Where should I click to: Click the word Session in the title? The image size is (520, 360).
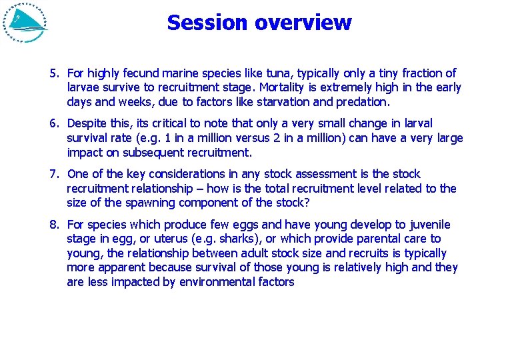[x=207, y=23]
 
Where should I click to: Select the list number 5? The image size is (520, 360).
[x=54, y=73]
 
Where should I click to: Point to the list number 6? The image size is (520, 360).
[x=54, y=123]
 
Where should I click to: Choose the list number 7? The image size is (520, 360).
[x=54, y=174]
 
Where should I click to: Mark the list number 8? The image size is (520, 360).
[x=54, y=225]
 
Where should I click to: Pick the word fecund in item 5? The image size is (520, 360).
[x=138, y=73]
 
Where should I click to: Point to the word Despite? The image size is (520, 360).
[x=87, y=123]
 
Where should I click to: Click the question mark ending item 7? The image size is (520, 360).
[x=307, y=203]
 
